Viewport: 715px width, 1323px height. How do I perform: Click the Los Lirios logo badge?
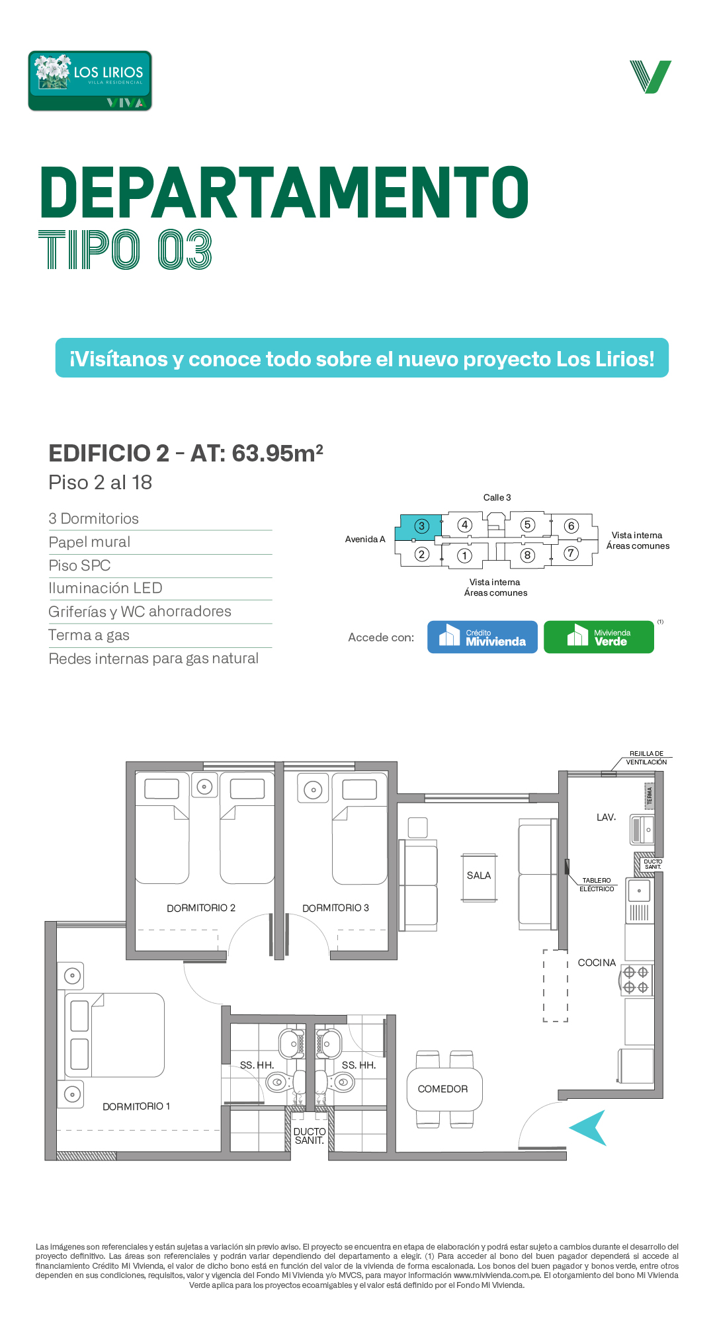(90, 81)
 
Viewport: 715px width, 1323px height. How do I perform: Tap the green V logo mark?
(650, 77)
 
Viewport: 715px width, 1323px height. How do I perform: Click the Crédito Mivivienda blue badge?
(482, 637)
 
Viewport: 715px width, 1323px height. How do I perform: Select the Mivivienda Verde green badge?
(599, 637)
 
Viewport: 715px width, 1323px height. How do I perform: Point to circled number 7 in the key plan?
(571, 553)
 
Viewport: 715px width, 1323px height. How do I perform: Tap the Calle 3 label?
(497, 497)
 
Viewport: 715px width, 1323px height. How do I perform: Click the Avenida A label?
(365, 539)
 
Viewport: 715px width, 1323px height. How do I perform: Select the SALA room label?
(479, 875)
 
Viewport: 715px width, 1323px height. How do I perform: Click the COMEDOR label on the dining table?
(442, 1089)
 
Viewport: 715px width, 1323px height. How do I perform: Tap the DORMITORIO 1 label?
(136, 1106)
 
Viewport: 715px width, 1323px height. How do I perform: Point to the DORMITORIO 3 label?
(335, 908)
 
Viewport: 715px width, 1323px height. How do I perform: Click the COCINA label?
(597, 963)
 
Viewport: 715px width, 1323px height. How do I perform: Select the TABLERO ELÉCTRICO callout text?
(597, 885)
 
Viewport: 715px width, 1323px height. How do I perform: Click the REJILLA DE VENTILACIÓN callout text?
(646, 758)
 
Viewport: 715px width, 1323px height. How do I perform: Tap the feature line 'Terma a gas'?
(89, 635)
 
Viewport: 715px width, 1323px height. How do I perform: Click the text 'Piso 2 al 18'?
(100, 483)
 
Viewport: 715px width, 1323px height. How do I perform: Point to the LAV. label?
(606, 817)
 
